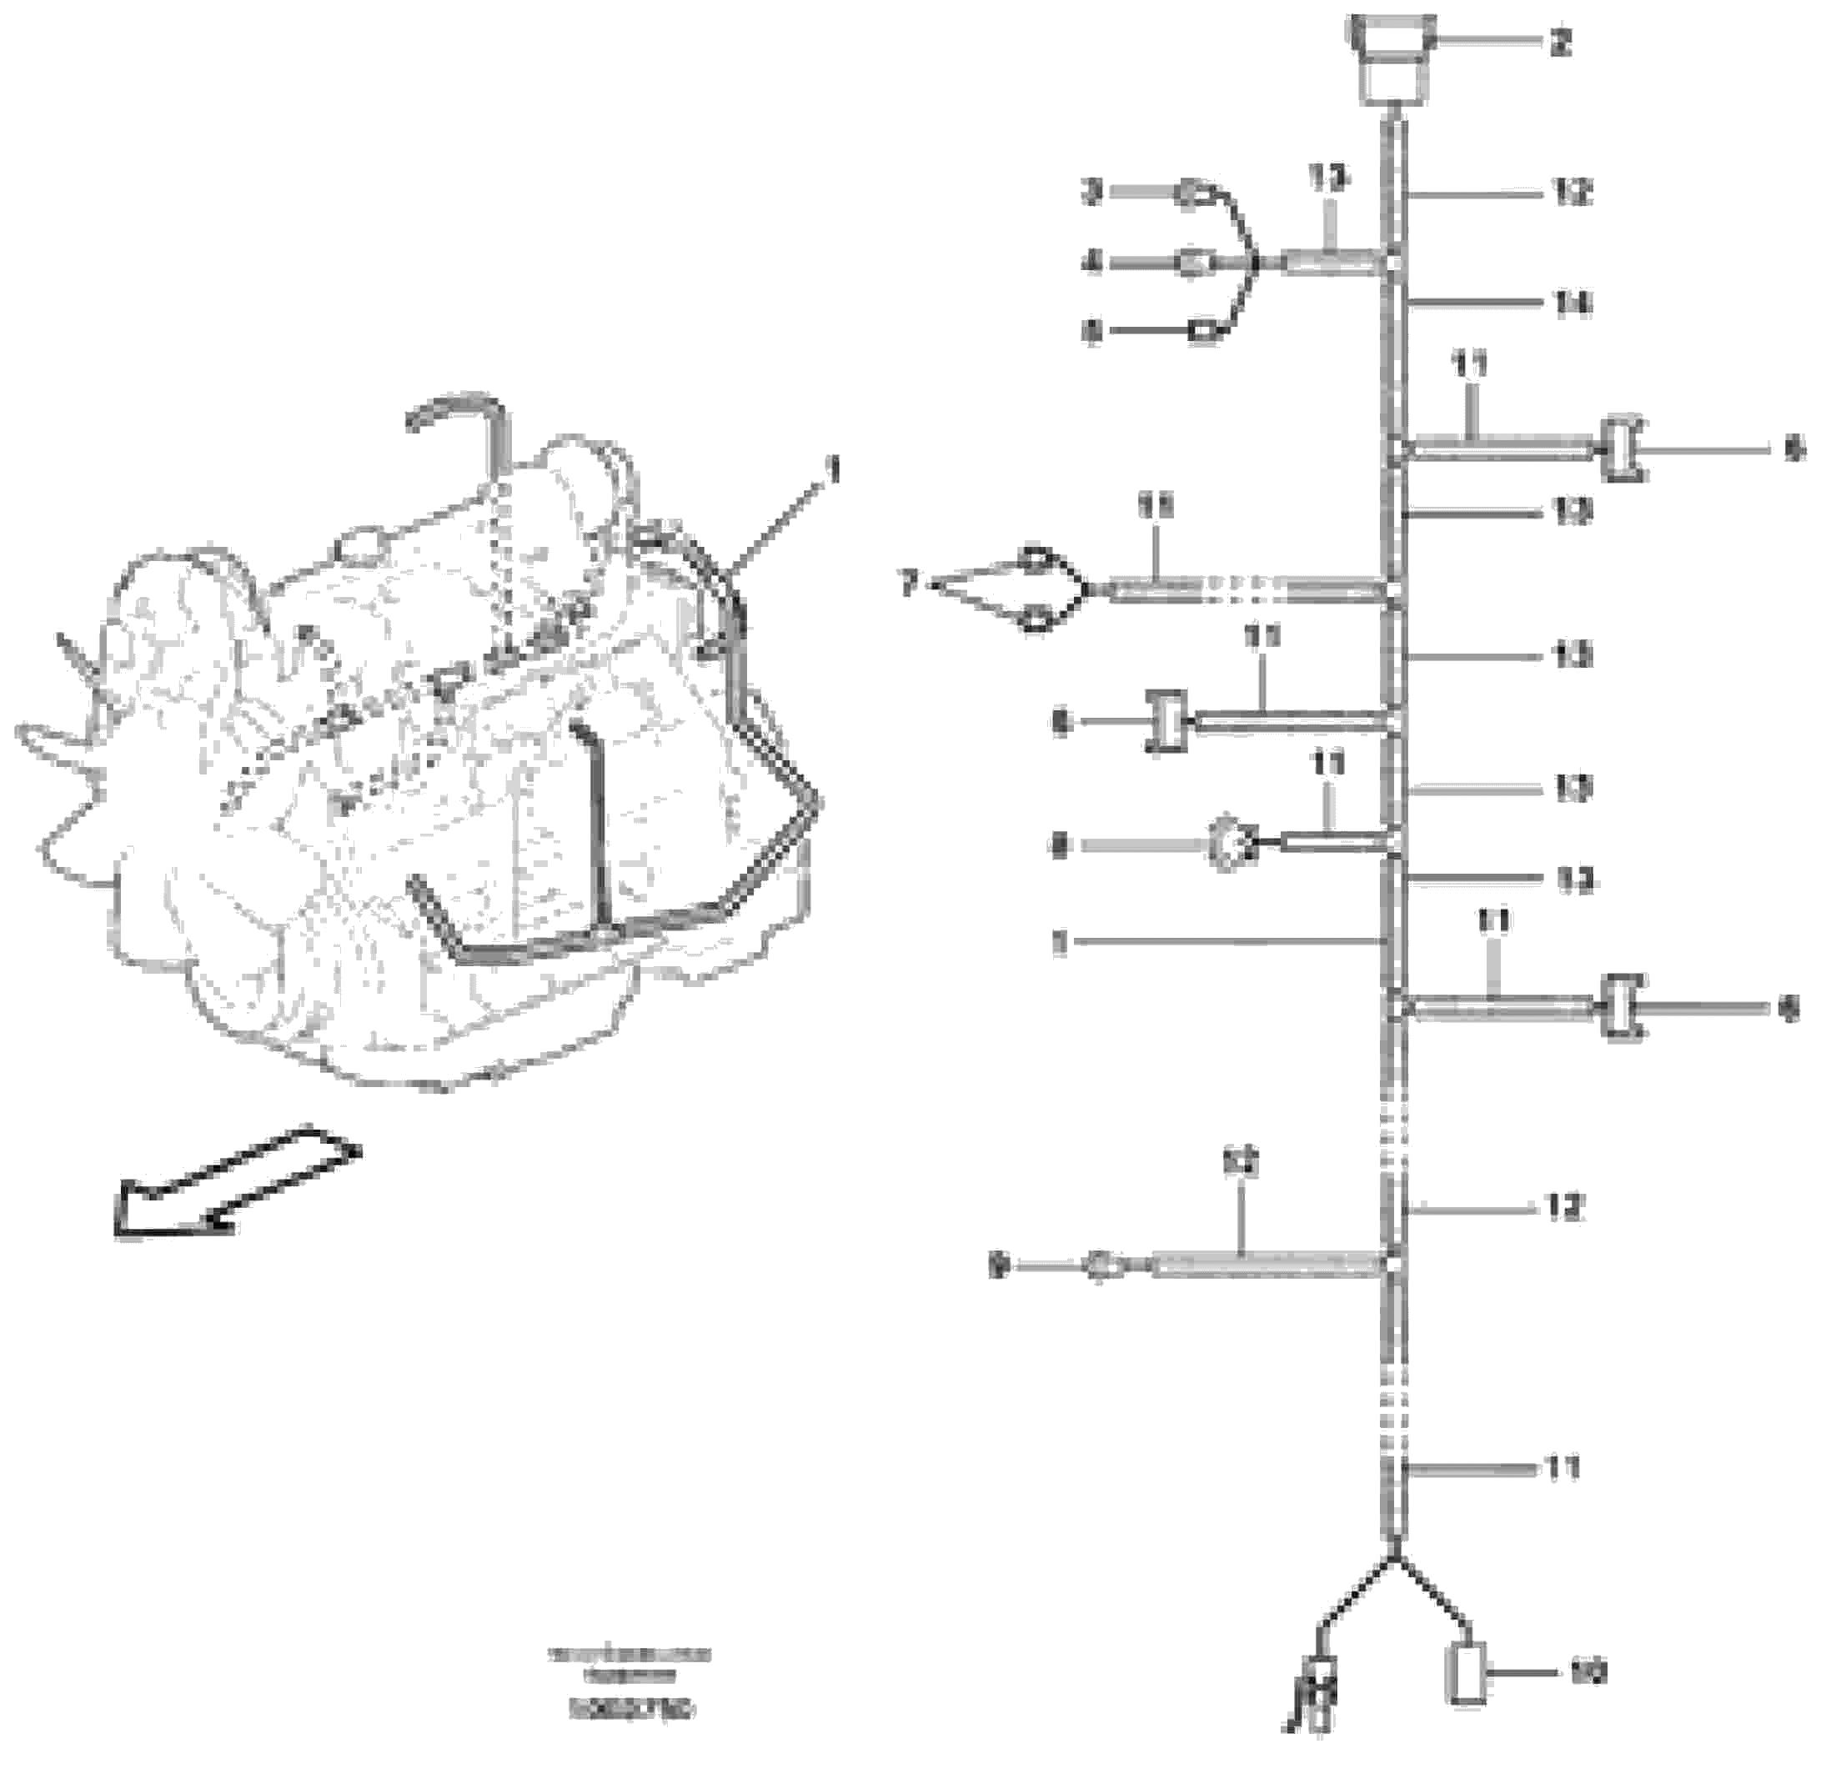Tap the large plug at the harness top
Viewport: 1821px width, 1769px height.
point(1390,60)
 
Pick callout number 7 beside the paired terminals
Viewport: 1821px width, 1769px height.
point(910,584)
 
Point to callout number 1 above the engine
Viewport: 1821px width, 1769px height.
point(834,471)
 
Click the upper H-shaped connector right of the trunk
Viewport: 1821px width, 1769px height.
point(1623,449)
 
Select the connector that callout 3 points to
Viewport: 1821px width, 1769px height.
point(1189,194)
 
